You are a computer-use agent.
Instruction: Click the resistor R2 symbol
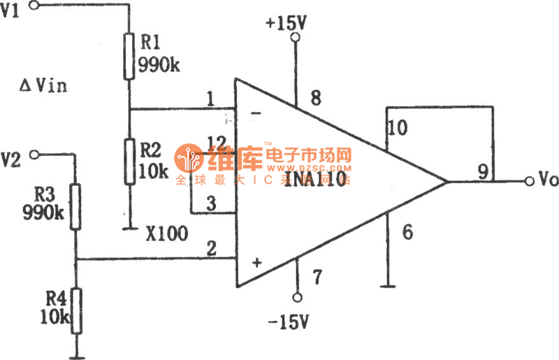[x=129, y=161]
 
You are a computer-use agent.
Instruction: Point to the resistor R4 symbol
[x=75, y=311]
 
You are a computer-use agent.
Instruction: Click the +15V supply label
[x=286, y=24]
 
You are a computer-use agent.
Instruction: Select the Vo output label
[x=548, y=180]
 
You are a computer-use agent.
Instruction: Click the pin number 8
[x=316, y=99]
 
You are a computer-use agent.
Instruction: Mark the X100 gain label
[x=166, y=233]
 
